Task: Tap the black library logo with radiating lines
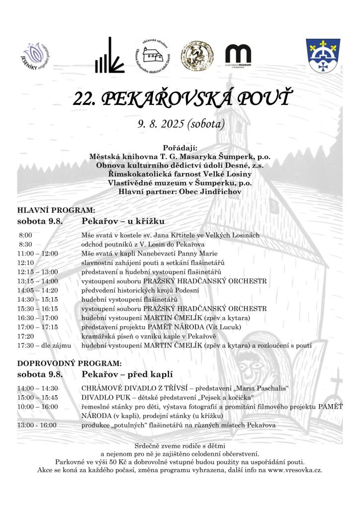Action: click(x=109, y=56)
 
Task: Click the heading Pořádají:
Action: click(x=180, y=148)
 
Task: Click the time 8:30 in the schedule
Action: click(x=26, y=244)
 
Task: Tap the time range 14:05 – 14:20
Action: click(x=38, y=290)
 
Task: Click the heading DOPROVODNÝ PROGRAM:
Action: click(x=69, y=363)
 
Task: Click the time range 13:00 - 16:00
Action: click(x=37, y=425)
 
